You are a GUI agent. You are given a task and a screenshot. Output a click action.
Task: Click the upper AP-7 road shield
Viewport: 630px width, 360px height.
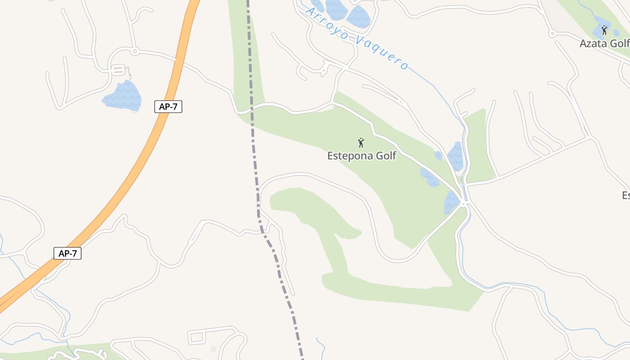point(168,107)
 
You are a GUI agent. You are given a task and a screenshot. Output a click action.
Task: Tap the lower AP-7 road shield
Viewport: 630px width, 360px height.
point(67,253)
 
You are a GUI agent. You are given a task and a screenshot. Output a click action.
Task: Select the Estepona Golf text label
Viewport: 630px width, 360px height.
point(361,156)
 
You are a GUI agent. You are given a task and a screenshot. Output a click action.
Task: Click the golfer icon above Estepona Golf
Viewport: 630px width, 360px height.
point(360,143)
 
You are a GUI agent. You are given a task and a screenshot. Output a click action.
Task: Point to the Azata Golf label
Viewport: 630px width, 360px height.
point(604,44)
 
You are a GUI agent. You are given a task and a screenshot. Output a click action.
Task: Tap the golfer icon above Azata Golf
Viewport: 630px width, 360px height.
point(604,30)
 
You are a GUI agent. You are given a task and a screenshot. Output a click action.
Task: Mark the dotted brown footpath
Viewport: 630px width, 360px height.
point(129,73)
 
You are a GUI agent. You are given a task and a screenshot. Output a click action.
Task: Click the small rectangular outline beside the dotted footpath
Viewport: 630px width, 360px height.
point(118,71)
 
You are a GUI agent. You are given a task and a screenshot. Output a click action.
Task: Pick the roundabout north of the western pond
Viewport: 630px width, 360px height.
point(134,52)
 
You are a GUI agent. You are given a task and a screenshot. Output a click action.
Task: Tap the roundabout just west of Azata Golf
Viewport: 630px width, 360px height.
point(552,33)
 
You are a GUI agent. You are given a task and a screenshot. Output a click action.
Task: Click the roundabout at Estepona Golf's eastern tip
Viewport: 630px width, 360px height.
point(463,204)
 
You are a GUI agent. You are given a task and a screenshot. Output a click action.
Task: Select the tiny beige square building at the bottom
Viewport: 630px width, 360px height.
point(213,349)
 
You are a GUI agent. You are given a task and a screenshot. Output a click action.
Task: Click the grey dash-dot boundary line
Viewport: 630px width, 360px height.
point(253,135)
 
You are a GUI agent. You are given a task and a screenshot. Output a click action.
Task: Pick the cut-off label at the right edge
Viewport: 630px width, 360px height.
point(625,195)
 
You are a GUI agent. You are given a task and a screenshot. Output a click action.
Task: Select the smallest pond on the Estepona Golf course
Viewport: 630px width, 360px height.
point(438,155)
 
